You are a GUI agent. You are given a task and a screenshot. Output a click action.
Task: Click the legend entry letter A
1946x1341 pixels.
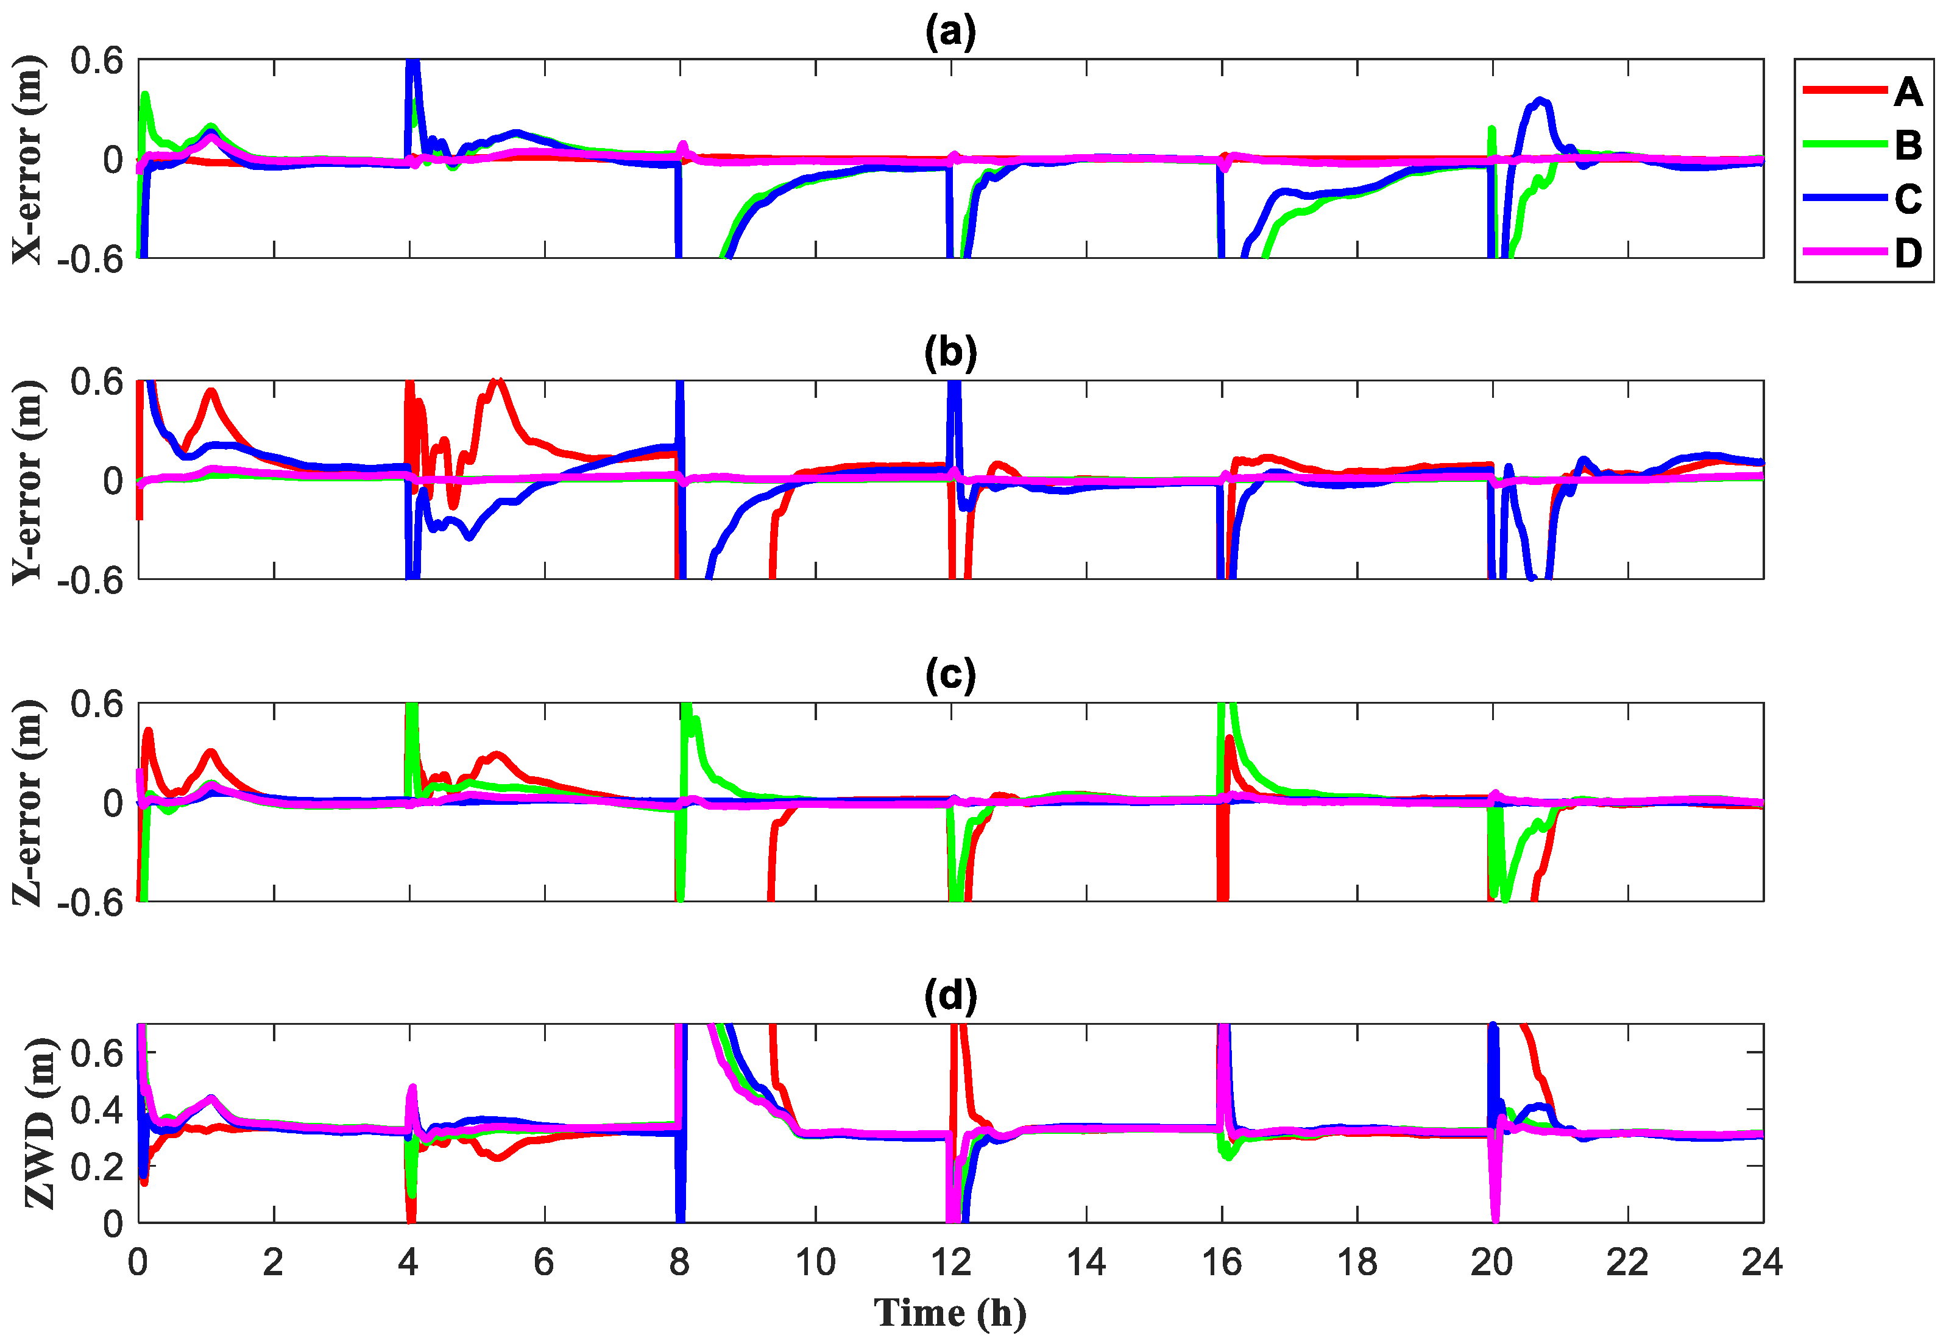coord(1908,91)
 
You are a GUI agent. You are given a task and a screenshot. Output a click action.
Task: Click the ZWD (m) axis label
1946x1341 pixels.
coord(38,1124)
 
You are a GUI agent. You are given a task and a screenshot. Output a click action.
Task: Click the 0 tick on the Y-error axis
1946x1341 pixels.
coord(113,481)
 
